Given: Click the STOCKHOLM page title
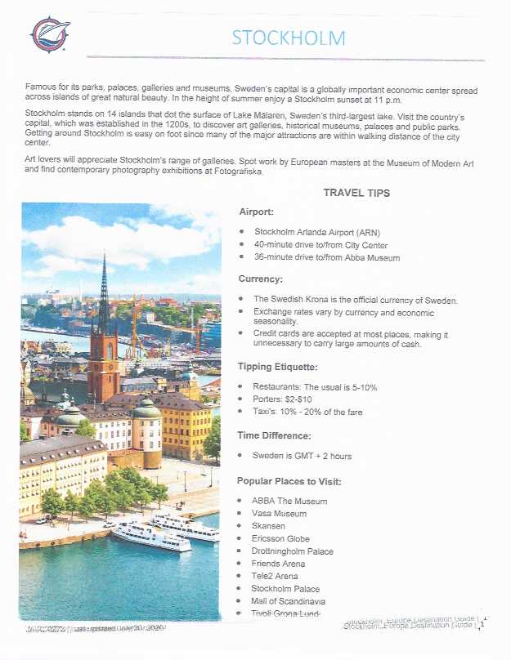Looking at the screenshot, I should pyautogui.click(x=288, y=38).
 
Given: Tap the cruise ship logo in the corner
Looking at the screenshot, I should pyautogui.click(x=50, y=33).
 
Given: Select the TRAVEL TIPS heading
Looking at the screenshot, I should pyautogui.click(x=356, y=194).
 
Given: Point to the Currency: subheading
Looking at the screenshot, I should pyautogui.click(x=260, y=279).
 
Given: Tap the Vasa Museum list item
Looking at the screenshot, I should pyautogui.click(x=280, y=514).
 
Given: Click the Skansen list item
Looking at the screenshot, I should pyautogui.click(x=269, y=526).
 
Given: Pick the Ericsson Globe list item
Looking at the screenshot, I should pyautogui.click(x=280, y=538).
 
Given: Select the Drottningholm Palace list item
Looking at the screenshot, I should pyautogui.click(x=293, y=551).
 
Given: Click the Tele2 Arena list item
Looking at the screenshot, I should pyautogui.click(x=276, y=576).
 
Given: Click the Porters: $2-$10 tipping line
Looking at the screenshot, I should pyautogui.click(x=283, y=399).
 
